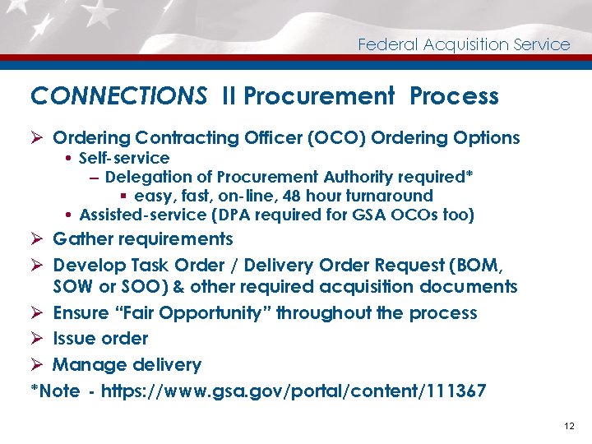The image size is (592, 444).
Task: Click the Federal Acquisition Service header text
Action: [464, 44]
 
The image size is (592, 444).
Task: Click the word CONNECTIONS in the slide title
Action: [118, 96]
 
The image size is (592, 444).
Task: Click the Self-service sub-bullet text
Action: [124, 158]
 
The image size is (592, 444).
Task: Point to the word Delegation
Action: [146, 177]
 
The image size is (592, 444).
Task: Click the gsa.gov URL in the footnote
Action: [293, 391]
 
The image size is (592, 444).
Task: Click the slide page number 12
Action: [570, 426]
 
